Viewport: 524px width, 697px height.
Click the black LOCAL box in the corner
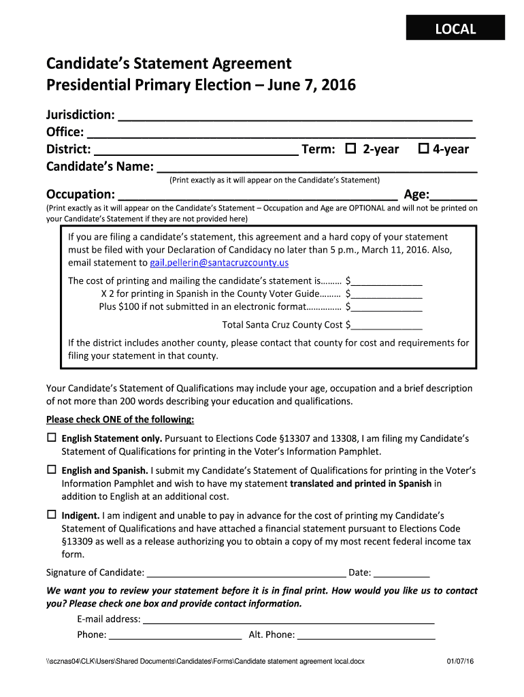(x=455, y=29)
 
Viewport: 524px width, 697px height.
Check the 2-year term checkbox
(x=351, y=148)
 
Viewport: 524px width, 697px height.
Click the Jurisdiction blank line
(x=295, y=116)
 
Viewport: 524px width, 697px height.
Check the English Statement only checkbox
(x=51, y=438)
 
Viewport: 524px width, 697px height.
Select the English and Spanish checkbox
(x=51, y=470)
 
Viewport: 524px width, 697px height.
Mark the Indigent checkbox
(x=51, y=515)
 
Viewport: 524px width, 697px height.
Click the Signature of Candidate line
(x=246, y=573)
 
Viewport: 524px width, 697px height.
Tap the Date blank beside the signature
(x=402, y=573)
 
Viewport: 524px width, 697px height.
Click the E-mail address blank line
(x=289, y=620)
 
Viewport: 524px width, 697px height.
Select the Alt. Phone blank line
(x=366, y=636)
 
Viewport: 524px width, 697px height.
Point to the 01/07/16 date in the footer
(x=460, y=662)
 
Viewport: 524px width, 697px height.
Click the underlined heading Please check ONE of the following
(x=120, y=419)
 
